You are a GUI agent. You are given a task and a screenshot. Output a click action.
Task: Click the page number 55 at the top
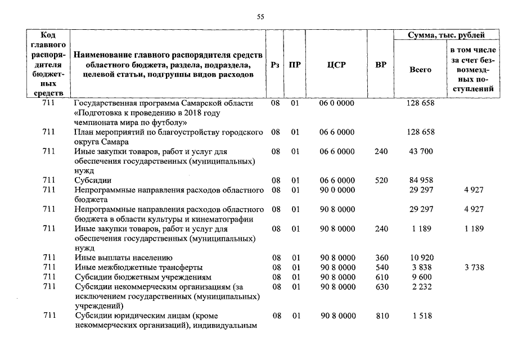tap(260, 17)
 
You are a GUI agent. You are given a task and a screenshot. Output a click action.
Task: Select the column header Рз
tap(275, 65)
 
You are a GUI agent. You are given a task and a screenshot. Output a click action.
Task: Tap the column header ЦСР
tap(336, 65)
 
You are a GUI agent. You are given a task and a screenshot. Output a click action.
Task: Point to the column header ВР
tap(381, 65)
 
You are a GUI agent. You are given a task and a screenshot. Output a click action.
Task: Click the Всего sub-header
tap(420, 70)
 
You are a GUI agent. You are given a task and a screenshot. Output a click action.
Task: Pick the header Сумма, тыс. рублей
tap(446, 35)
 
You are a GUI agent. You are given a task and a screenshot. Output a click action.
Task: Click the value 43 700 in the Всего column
tap(420, 152)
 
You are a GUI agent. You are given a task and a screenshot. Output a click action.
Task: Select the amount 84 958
tap(420, 181)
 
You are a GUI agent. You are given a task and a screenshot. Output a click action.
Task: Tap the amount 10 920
tap(420, 258)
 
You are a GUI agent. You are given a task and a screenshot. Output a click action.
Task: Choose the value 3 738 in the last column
tap(474, 268)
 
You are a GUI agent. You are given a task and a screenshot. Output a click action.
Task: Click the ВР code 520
tap(381, 181)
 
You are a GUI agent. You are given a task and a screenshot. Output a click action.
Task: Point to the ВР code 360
tap(381, 258)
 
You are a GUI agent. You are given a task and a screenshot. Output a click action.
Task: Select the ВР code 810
tap(381, 316)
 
